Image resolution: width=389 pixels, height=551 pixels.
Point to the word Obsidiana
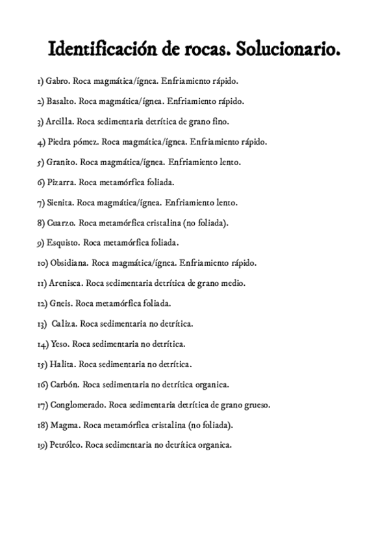(x=68, y=263)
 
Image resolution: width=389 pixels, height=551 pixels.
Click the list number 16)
(x=42, y=384)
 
